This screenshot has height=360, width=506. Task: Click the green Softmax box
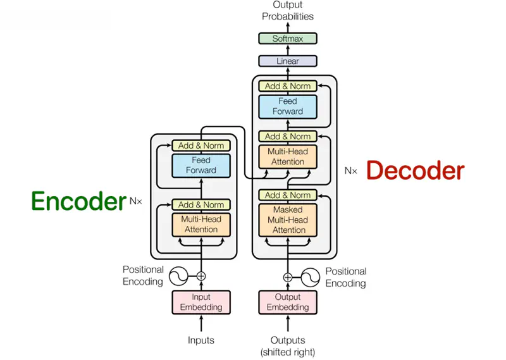(288, 39)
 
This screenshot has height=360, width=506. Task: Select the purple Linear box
(288, 61)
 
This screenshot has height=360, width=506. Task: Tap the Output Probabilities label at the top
(288, 11)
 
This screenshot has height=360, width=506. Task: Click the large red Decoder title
(415, 170)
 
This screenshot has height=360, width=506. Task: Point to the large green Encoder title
(78, 201)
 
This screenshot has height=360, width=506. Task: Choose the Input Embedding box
(201, 302)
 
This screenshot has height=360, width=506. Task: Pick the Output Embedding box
(288, 302)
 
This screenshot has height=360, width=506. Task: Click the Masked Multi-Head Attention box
(288, 220)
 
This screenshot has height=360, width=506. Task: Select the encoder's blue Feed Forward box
(201, 165)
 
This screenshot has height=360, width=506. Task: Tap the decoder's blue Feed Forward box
(288, 106)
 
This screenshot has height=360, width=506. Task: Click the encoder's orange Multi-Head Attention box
(201, 224)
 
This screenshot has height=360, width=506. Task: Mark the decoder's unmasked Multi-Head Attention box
(288, 156)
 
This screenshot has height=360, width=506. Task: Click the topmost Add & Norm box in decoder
(288, 86)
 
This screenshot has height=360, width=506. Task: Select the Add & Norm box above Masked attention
(288, 195)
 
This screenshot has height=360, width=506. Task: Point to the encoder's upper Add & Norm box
(201, 146)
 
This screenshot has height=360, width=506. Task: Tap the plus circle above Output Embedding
(288, 276)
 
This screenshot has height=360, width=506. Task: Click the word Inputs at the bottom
(201, 340)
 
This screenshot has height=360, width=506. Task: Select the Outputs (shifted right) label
(288, 346)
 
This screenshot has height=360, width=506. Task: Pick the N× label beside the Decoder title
(351, 170)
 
